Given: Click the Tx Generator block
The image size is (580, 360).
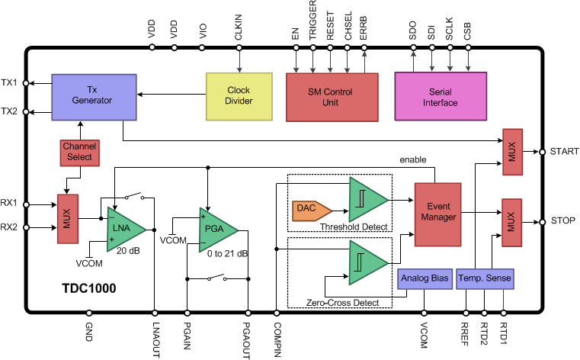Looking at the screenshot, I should click(94, 95).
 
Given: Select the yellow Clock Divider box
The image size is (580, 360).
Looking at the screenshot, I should click(239, 96).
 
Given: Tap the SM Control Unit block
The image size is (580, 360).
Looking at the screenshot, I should click(331, 96).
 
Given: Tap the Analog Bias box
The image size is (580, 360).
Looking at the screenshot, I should click(425, 278).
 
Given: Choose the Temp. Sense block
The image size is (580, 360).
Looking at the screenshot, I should click(485, 278).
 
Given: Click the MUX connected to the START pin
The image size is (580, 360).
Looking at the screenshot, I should click(511, 151).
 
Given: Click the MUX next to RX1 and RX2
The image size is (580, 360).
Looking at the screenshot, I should click(68, 220).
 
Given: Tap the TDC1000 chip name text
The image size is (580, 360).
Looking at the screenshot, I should click(88, 291).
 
